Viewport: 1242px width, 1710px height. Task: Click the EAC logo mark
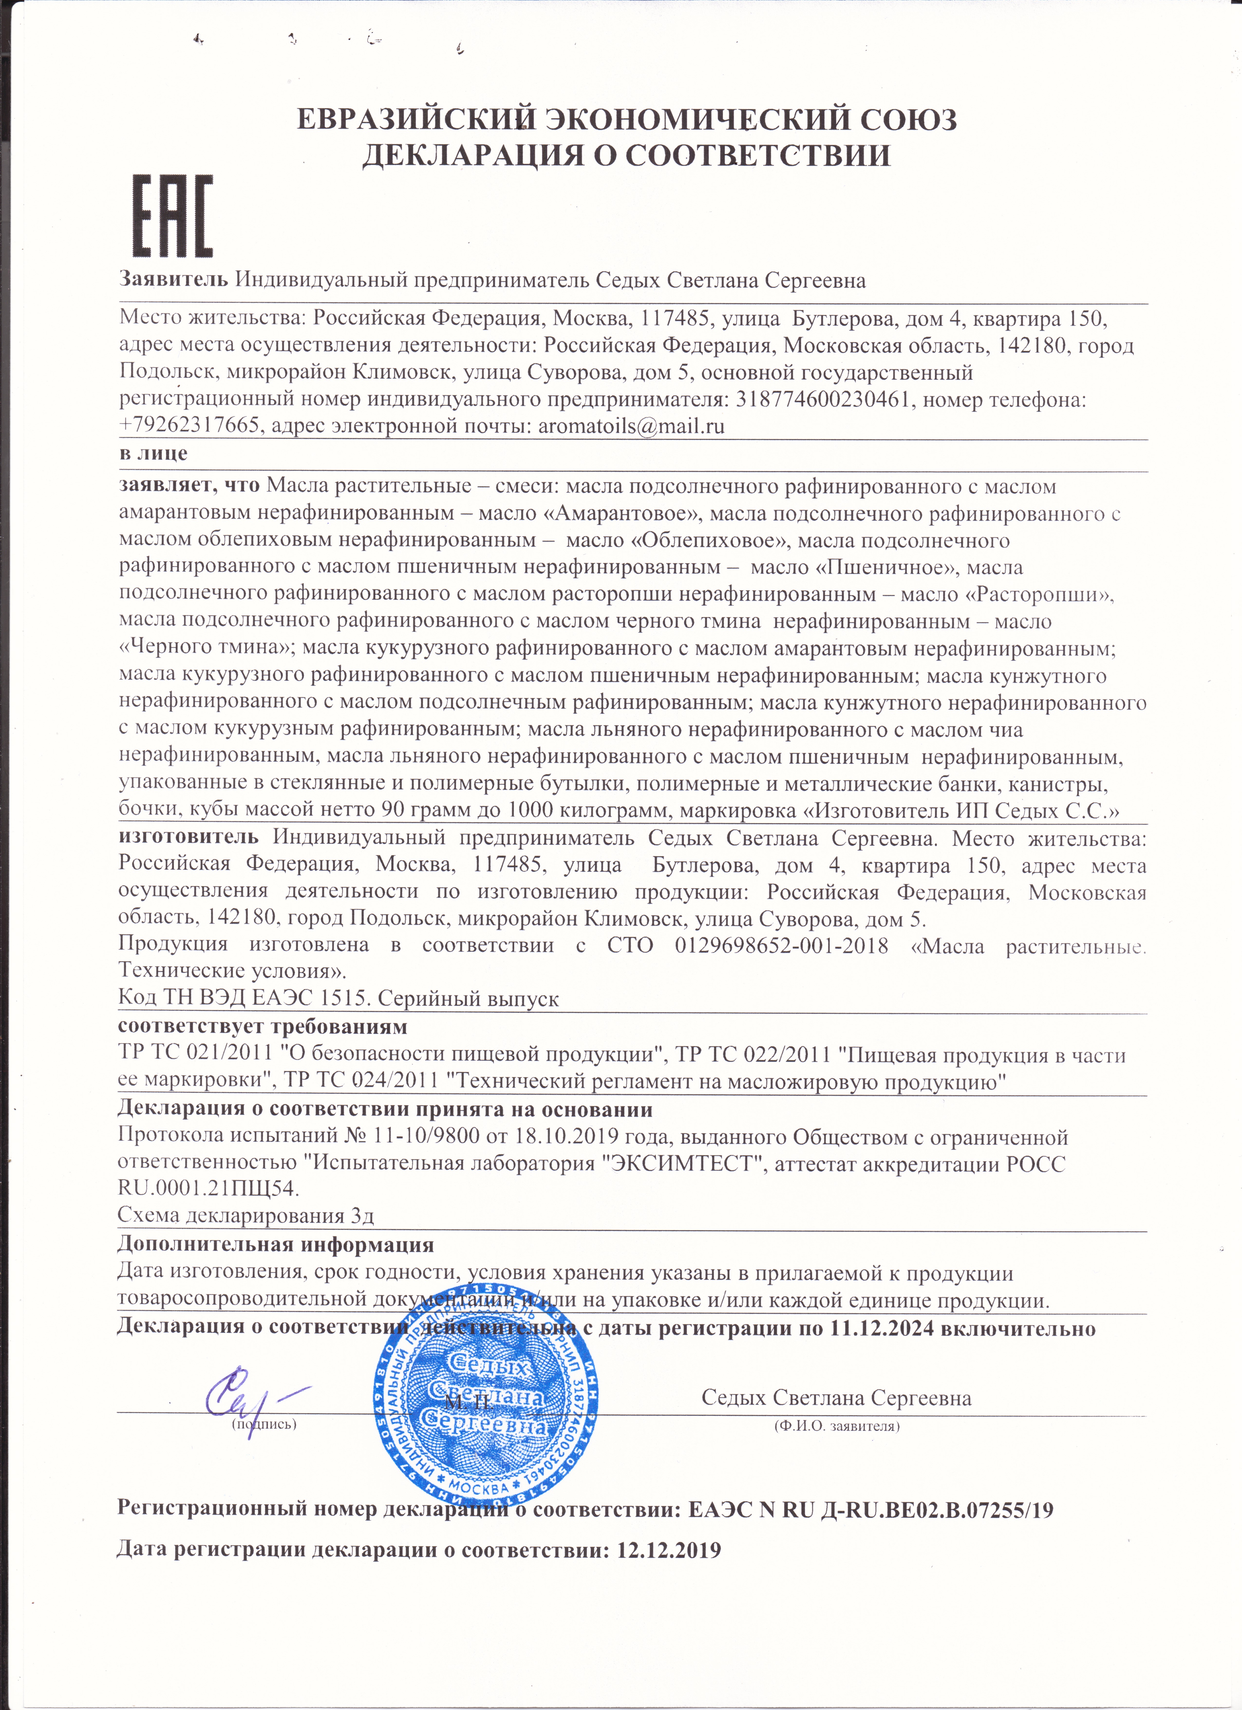(173, 216)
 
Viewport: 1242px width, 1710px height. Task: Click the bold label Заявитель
(173, 280)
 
